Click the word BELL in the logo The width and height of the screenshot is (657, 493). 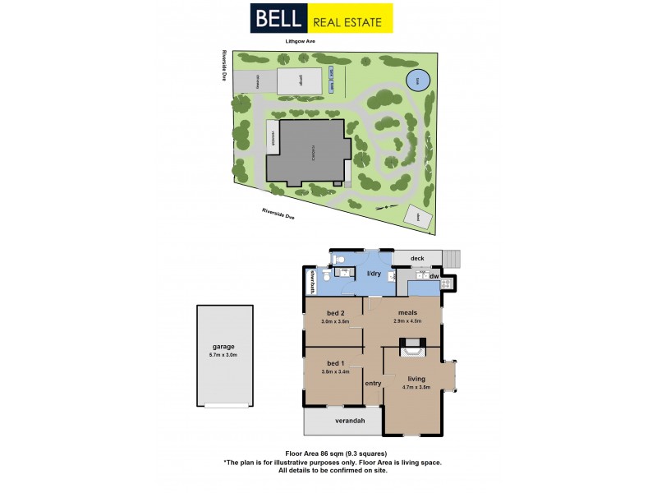coord(279,18)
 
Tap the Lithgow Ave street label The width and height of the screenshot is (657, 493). coord(301,41)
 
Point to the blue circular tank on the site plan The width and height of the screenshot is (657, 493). coord(417,81)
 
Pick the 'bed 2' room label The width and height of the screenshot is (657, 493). coord(335,314)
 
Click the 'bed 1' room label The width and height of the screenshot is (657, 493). coord(335,363)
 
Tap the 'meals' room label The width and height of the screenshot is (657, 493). coord(408,312)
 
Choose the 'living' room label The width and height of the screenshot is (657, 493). coord(416,379)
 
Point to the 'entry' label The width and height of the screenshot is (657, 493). coord(374,384)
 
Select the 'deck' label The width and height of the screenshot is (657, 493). coord(417,257)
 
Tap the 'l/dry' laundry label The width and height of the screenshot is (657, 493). coord(374,274)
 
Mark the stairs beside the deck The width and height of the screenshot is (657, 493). coord(453,260)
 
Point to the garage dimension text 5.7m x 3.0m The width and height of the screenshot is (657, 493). coord(223,355)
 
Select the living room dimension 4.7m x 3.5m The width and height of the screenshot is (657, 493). coord(416,387)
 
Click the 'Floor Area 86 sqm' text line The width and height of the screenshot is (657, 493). coord(333,454)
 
